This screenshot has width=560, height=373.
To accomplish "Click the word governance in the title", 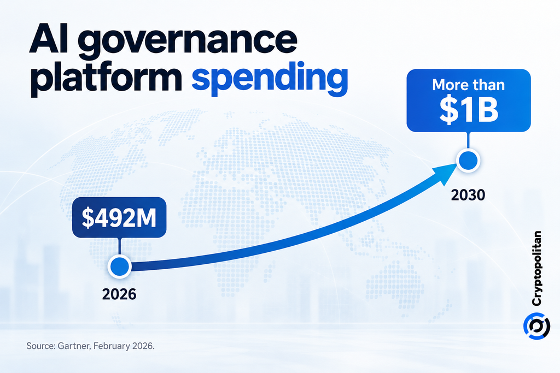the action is pos(188,43).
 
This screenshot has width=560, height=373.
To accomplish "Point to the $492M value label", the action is pos(119,217).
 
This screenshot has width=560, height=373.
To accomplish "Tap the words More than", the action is pos(469,85).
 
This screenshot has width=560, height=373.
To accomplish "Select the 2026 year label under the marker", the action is pos(119,294).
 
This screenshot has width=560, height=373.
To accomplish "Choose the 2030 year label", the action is pos(468,195).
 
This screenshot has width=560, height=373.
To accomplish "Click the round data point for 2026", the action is pos(120,267).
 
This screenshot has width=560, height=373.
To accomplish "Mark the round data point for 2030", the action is pos(468,161).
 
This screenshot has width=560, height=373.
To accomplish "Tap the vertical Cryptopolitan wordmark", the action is pos(536,268).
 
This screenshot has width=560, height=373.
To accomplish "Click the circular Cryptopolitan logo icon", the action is pos(536,326).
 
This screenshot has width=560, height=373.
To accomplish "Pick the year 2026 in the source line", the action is pos(143,346).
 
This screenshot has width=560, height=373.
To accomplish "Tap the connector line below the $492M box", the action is pos(120,246).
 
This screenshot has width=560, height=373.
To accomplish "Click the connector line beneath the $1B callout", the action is pos(468,140).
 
